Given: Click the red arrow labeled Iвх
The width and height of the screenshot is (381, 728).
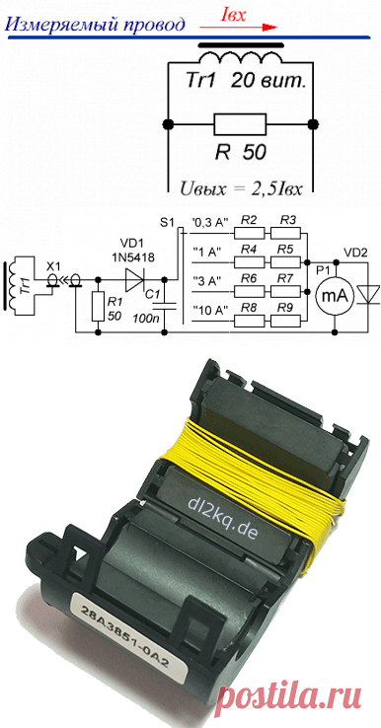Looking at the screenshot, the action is coord(238,28).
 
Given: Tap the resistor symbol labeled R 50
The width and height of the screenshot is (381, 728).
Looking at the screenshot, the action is coord(240,124).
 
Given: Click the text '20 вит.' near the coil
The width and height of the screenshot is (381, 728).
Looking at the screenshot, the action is coord(268,82).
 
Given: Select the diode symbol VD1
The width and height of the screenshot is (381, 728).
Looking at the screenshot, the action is coord(136,279).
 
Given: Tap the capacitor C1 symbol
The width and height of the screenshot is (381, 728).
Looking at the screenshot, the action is coord(165,305).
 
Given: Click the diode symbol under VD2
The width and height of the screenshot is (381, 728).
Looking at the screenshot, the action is coord(370,297).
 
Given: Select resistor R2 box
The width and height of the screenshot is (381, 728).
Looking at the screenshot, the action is coord(250,233).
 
